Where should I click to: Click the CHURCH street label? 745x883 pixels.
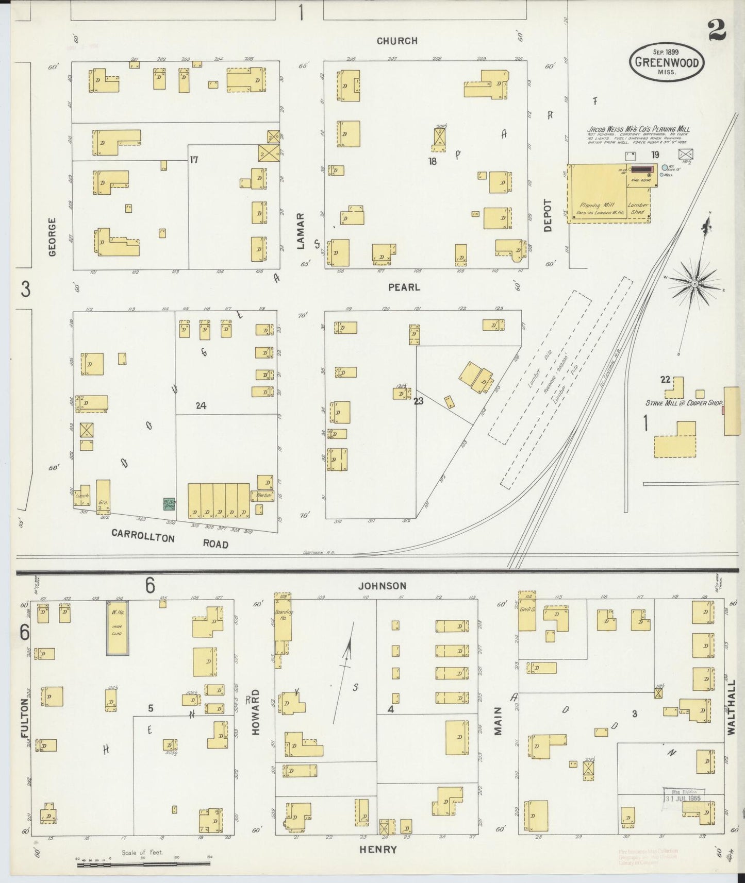(396, 41)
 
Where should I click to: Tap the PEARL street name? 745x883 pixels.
(404, 287)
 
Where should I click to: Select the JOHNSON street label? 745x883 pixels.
(382, 586)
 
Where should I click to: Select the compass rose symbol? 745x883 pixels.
(694, 284)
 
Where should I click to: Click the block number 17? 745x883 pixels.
(194, 160)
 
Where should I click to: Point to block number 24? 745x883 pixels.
(201, 406)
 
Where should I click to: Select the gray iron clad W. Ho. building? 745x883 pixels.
(118, 627)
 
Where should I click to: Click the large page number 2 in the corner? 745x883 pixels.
(717, 30)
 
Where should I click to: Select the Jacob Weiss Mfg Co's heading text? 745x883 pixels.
(638, 130)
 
